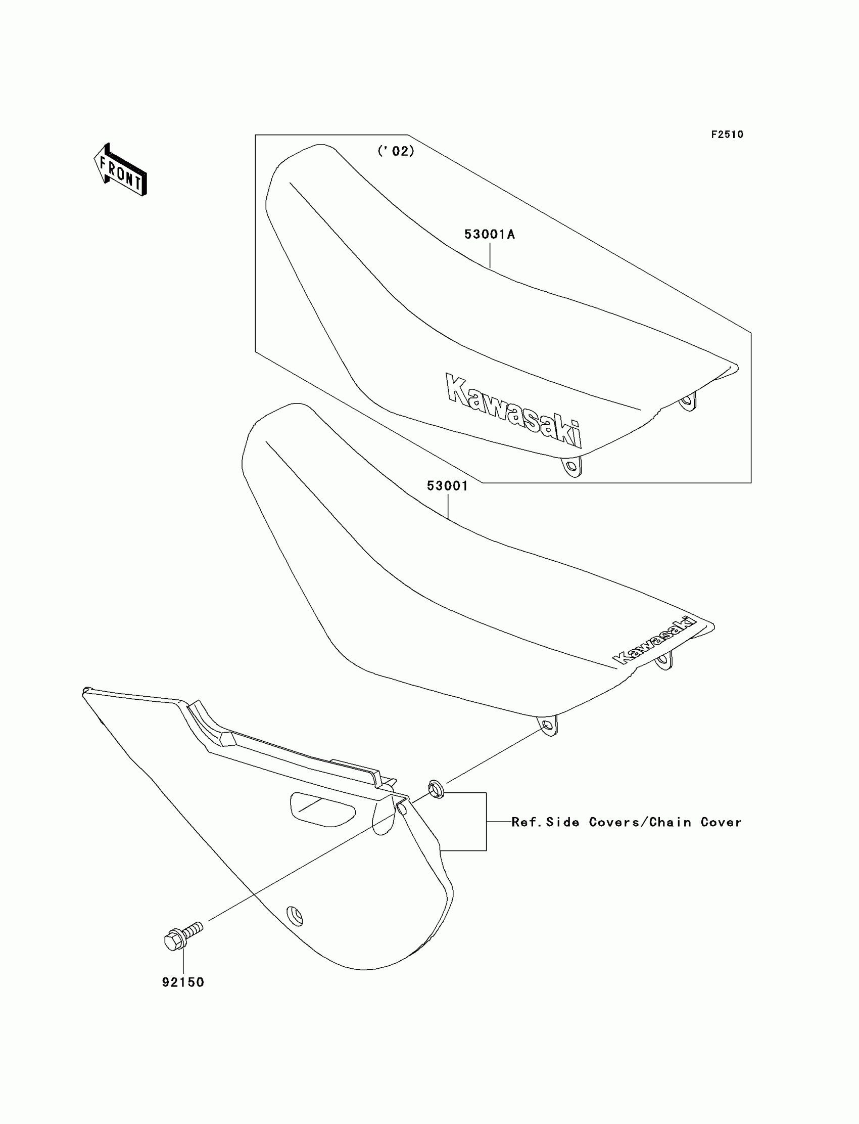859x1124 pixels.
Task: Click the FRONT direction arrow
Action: click(121, 170)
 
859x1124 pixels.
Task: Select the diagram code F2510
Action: click(727, 134)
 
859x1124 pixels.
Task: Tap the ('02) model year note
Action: click(396, 151)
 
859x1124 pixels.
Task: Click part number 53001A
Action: click(489, 234)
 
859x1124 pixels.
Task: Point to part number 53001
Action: click(447, 485)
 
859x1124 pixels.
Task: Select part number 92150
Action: click(183, 982)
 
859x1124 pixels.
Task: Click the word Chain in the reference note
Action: click(671, 822)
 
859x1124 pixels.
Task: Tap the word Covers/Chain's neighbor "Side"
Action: click(563, 822)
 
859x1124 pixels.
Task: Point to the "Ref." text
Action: click(527, 822)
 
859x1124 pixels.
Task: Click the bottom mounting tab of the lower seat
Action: click(548, 726)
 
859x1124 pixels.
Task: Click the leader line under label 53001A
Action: click(490, 256)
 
